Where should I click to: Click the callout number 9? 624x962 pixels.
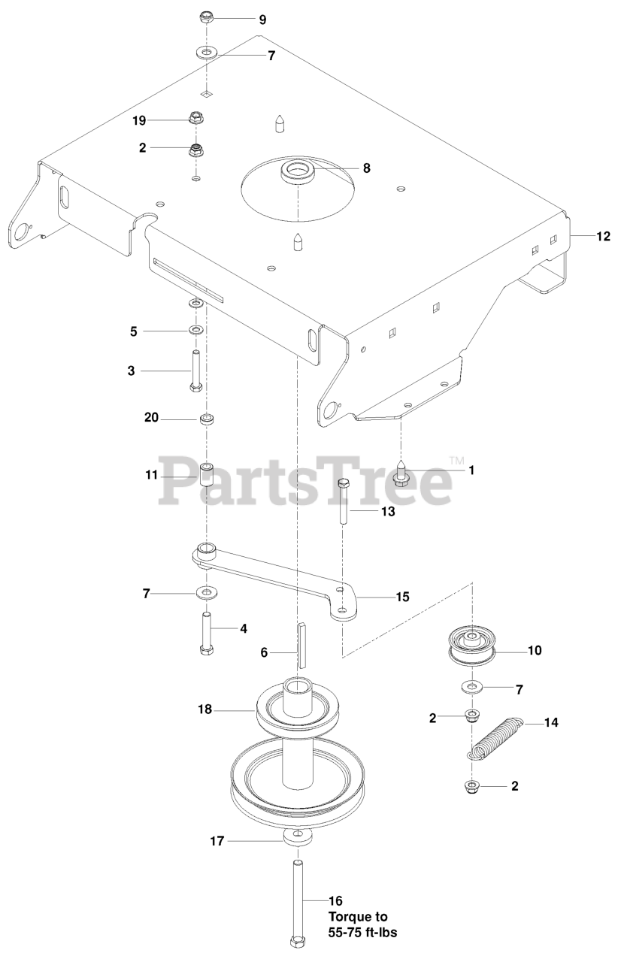pos(262,20)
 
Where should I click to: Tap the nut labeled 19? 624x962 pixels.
pos(197,119)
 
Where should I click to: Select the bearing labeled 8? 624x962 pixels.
pos(298,170)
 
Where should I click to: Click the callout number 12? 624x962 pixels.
pos(603,236)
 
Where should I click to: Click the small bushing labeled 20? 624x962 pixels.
pos(206,418)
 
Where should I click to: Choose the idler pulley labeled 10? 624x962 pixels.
pos(471,646)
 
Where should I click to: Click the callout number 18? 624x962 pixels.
pos(205,708)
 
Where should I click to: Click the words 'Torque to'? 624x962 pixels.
pos(357,917)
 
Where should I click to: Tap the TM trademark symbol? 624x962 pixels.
pos(456,460)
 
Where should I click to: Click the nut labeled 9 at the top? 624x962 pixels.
pos(207,17)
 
